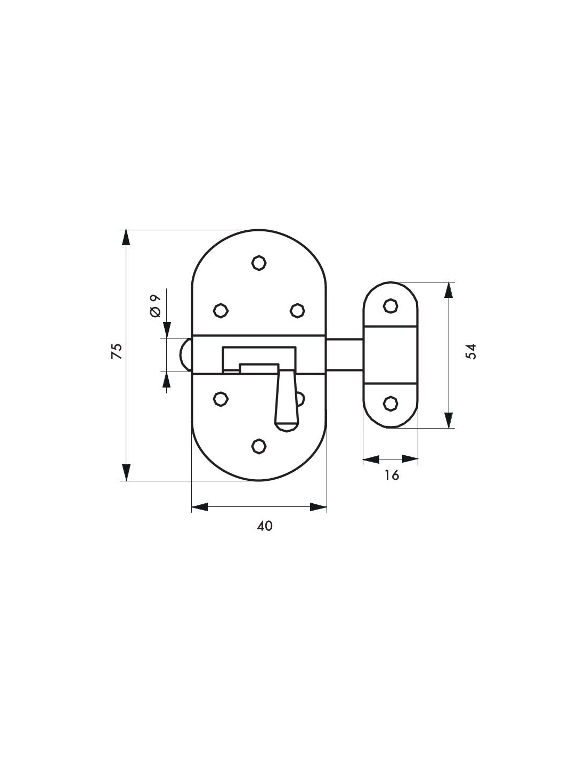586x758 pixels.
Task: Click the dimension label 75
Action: pos(117,351)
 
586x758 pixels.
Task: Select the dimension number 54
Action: pos(471,352)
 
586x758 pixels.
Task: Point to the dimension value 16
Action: pos(392,475)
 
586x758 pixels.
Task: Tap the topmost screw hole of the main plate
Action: pos(259,263)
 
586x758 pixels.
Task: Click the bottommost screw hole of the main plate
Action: pos(259,446)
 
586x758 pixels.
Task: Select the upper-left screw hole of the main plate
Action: pos(221,310)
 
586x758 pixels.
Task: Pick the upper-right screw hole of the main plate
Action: pos(297,310)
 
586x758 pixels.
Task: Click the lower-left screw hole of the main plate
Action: pos(221,399)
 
